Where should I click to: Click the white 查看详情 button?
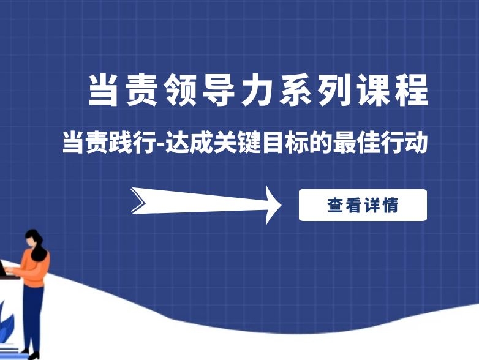coord(363,205)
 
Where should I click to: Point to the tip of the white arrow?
coord(281,205)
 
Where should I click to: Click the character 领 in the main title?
coord(180,91)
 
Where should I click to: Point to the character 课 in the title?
coord(373,91)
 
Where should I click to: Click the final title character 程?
coord(412,91)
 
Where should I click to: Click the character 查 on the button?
coord(336,205)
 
